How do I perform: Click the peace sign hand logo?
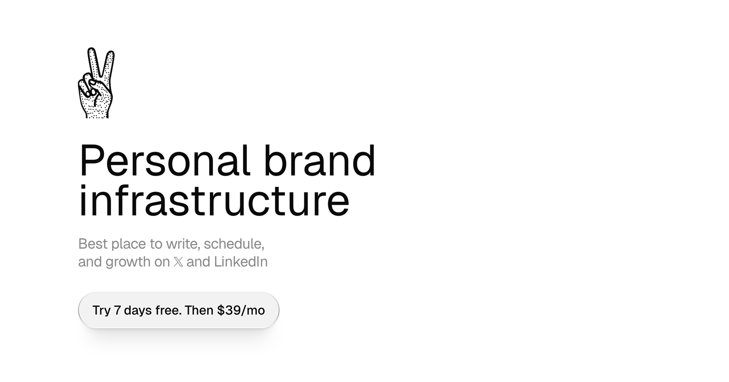(x=96, y=83)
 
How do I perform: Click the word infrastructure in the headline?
(x=214, y=200)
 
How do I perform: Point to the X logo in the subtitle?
(x=178, y=262)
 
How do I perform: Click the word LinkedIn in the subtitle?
(x=241, y=262)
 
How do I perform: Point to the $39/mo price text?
(x=241, y=310)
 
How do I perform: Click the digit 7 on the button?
(x=117, y=310)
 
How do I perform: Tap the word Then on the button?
(x=199, y=310)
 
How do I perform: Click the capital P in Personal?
(x=90, y=161)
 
